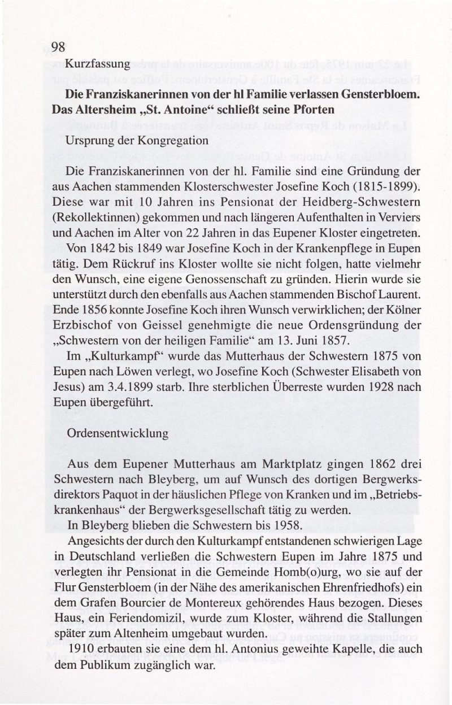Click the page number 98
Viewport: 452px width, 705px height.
click(x=59, y=47)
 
